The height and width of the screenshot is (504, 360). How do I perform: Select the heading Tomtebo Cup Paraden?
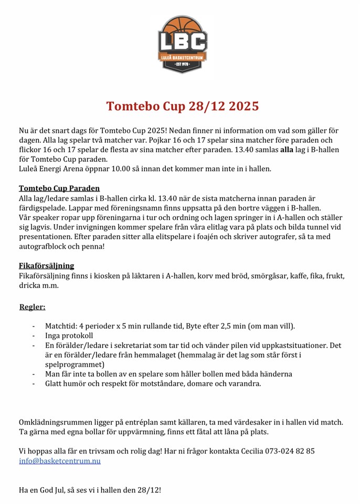[x=59, y=188]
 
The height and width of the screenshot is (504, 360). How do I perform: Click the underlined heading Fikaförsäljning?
[x=46, y=266]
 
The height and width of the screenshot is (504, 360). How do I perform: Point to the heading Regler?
[x=32, y=307]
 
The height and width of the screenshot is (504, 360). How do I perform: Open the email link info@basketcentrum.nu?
[x=59, y=461]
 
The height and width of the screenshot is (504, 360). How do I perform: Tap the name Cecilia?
[x=249, y=451]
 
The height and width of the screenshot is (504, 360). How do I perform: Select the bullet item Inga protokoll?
[x=69, y=335]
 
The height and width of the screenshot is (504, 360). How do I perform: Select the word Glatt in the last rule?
[x=55, y=383]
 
